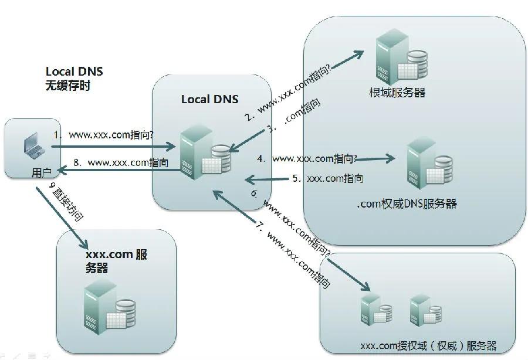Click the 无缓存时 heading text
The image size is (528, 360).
click(68, 85)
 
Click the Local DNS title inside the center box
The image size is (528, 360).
click(209, 99)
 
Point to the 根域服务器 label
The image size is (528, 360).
click(397, 92)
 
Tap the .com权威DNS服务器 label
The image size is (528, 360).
click(407, 204)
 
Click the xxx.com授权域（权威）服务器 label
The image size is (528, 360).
click(428, 345)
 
